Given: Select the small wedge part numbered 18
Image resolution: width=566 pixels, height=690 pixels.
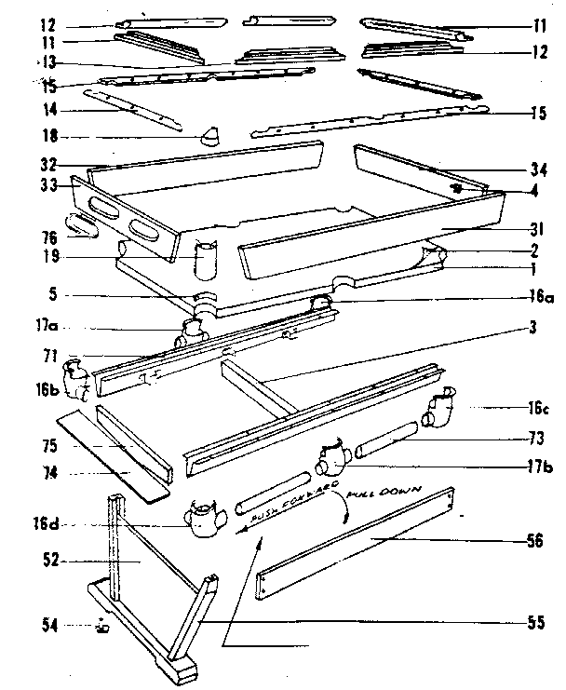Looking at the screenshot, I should tap(210, 139).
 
